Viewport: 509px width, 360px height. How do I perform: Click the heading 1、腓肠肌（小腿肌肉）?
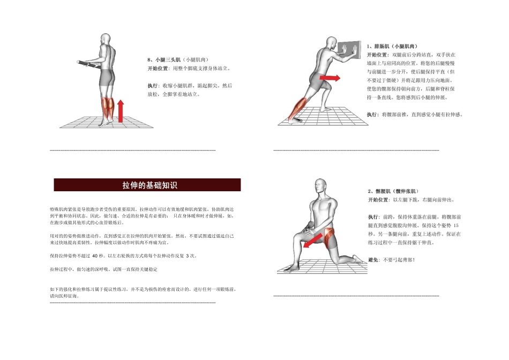(393, 47)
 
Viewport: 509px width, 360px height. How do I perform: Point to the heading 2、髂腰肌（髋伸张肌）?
(393, 191)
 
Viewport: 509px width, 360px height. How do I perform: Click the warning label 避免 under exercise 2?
(373, 260)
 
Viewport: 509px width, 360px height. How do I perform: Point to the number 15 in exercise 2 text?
(455, 226)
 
